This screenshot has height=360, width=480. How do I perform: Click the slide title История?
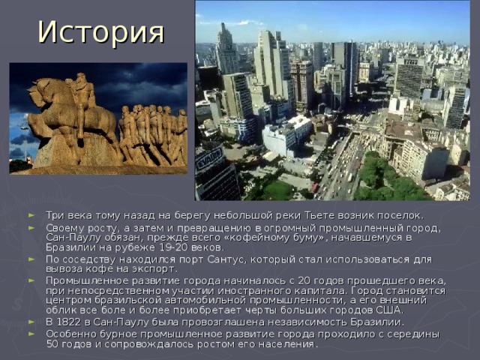[x=102, y=31]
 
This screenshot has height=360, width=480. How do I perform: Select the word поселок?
[x=400, y=216]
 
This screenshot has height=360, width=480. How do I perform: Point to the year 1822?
[x=71, y=322]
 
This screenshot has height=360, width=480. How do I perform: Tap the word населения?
[x=289, y=343]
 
